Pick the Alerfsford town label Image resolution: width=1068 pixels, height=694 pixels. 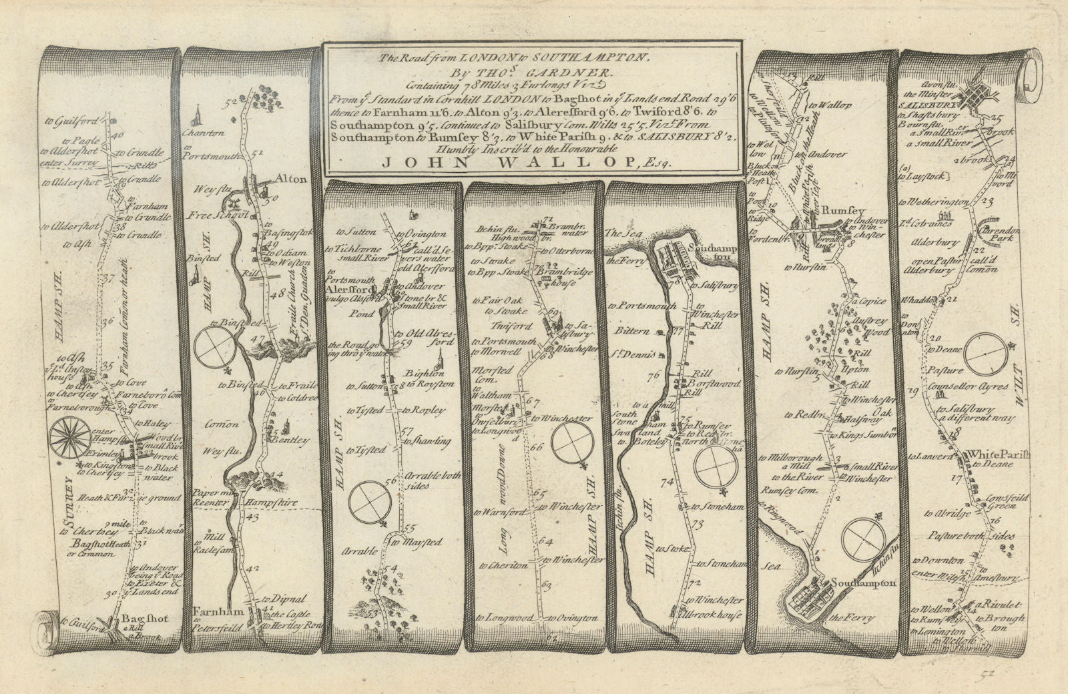click(347, 291)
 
